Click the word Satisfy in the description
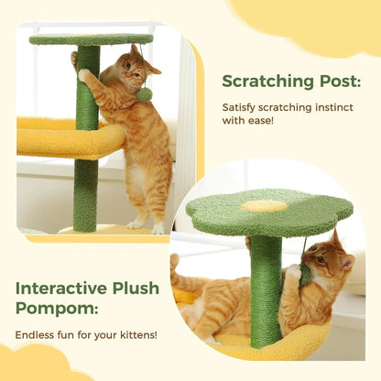tap(241, 107)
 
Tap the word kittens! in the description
tap(134, 335)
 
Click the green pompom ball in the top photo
tap(144, 93)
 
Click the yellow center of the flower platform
tap(263, 206)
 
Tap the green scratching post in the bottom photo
tap(266, 288)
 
